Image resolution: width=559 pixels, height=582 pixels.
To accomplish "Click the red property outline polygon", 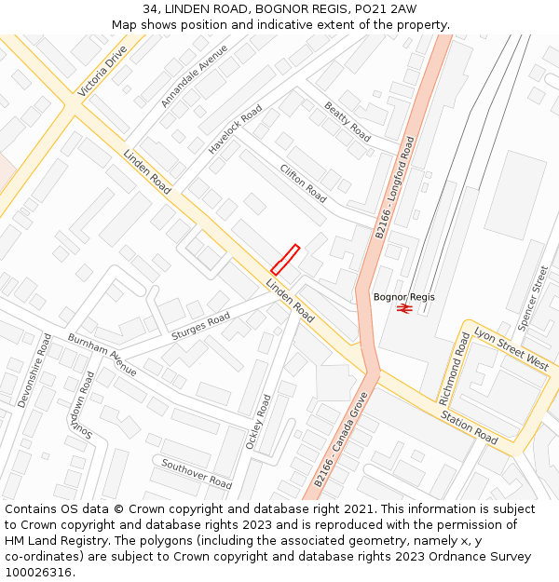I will (x=285, y=259).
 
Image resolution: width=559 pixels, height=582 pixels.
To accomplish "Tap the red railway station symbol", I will (x=404, y=308).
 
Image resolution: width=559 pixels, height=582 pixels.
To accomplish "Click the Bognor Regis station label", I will (x=404, y=297).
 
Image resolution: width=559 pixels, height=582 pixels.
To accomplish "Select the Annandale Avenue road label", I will (x=194, y=75).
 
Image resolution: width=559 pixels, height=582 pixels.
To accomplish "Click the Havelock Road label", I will (x=235, y=129).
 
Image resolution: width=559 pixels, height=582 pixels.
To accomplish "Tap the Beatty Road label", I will (x=348, y=122).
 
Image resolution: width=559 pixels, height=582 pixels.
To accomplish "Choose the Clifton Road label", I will (x=304, y=183).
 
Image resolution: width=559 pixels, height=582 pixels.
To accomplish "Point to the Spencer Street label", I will (x=534, y=296).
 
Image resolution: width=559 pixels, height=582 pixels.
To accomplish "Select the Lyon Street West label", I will (x=511, y=348).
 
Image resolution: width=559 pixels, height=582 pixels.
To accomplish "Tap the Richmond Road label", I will (x=456, y=369).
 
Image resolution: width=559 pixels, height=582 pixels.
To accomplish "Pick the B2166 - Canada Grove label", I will (x=342, y=440).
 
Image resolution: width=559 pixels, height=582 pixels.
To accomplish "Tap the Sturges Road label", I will (x=201, y=326).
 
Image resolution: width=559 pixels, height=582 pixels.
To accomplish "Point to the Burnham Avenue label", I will (x=102, y=354).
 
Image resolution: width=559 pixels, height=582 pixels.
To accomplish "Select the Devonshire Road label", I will (x=35, y=370).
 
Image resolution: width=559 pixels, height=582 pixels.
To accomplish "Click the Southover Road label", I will (x=197, y=474).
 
